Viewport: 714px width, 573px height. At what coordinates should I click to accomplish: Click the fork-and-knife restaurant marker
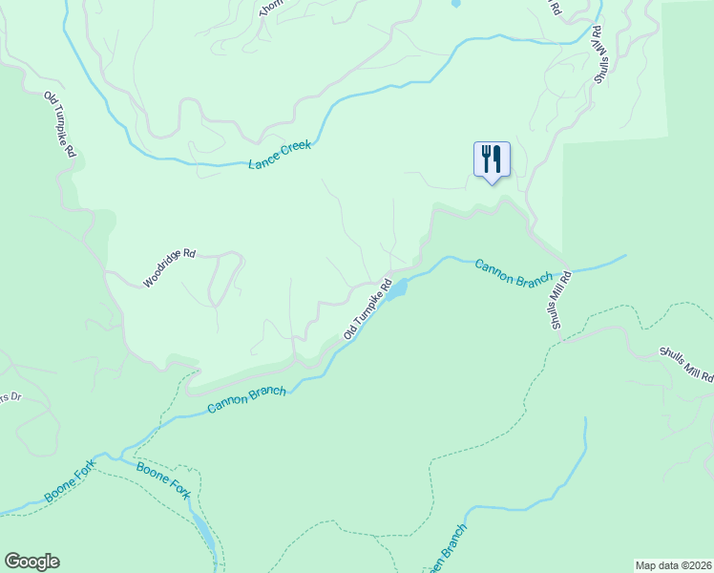click(x=492, y=159)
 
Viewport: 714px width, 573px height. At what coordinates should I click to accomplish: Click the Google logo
click(x=31, y=562)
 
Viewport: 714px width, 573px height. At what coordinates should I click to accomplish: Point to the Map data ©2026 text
click(x=673, y=564)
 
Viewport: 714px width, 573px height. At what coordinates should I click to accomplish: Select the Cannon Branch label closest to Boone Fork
click(x=247, y=400)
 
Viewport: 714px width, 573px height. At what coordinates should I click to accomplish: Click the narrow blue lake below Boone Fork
click(x=204, y=531)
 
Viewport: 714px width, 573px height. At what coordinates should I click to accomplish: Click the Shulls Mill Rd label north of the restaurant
click(x=598, y=55)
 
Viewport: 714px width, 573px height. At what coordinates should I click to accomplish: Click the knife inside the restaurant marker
click(x=497, y=157)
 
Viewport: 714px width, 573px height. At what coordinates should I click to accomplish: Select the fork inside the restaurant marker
click(x=486, y=157)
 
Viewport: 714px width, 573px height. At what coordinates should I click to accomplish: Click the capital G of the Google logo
click(x=12, y=562)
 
